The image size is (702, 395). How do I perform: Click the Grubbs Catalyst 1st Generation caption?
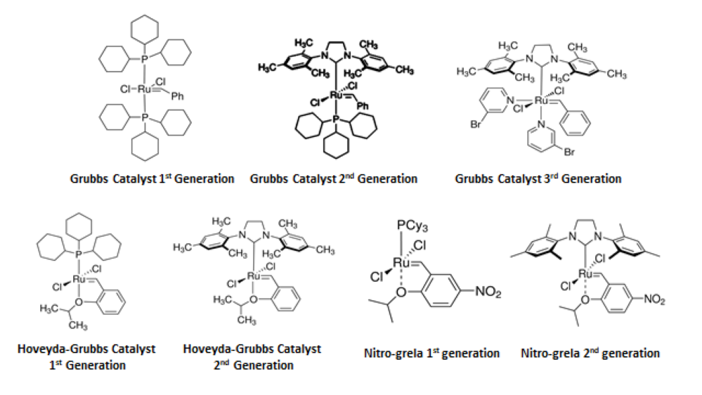pos(152,179)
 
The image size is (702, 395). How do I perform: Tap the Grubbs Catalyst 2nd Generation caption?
pos(334,179)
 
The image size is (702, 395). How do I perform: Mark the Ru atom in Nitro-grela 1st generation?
pos(401,262)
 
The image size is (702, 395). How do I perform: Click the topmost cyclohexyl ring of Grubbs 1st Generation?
pos(144,27)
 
